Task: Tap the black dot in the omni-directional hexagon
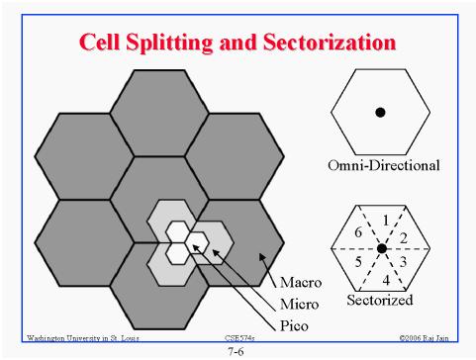pos(380,113)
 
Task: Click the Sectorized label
pos(380,298)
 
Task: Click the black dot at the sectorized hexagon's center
pos(380,246)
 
